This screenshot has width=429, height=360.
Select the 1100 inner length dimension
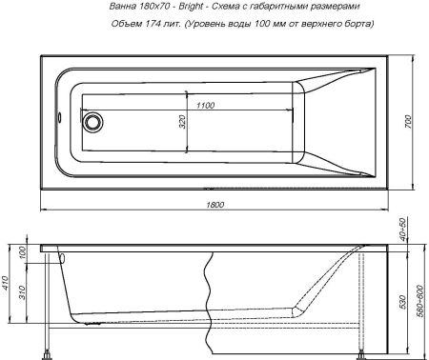(199, 104)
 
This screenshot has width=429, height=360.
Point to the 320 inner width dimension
(180, 122)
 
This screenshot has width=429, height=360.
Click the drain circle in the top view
(92, 122)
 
